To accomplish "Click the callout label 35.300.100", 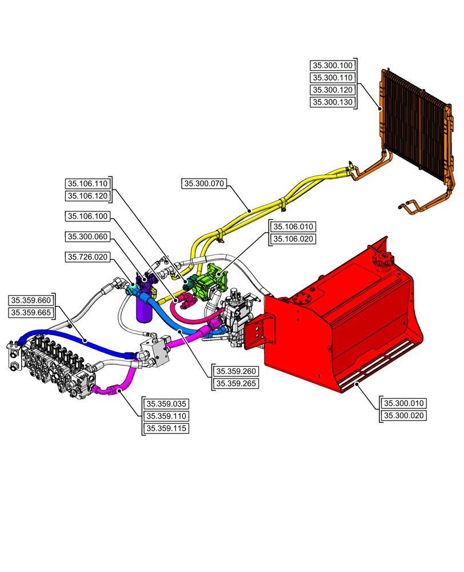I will (332, 65).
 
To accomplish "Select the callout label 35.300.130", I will (332, 102).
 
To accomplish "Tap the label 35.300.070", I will (204, 184).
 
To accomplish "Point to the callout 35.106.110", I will (87, 184).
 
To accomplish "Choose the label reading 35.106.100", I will (87, 216).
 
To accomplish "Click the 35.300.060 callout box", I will (87, 236).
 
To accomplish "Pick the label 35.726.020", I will (87, 257).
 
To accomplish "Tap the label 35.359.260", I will (235, 371).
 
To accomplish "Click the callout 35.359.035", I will (166, 403).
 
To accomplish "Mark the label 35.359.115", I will (166, 428).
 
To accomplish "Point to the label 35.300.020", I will (403, 415).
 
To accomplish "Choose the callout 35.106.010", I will (292, 227).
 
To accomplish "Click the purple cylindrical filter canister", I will (142, 309).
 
